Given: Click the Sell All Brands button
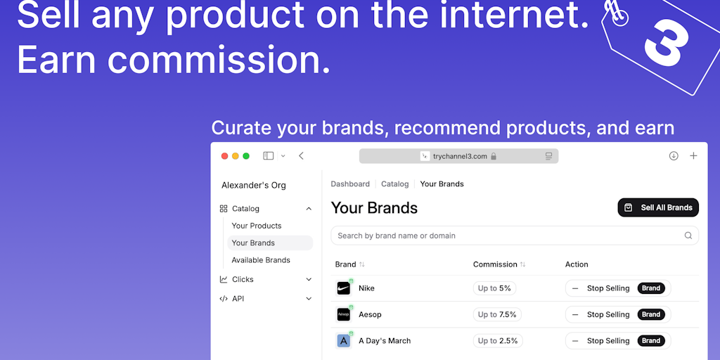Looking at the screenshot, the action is point(658,207).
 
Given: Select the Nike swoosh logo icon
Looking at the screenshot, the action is point(343,288).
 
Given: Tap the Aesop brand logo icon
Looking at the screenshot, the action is point(343,314).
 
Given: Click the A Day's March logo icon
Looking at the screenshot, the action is point(343,341).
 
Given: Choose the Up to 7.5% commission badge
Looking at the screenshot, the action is point(497,314).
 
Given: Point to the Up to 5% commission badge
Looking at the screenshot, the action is point(494,288).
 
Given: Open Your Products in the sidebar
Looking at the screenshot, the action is point(256,226).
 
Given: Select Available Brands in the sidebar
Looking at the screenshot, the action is point(261,260).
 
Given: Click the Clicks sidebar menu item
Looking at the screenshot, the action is point(243,279).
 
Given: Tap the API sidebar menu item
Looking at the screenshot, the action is point(238,298).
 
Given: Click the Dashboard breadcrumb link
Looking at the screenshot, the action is point(350,184).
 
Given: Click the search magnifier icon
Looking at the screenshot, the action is point(688,236).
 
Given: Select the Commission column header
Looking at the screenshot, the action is point(495,264).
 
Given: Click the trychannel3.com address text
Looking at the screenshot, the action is point(460,156).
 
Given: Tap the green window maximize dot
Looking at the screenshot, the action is point(246,156).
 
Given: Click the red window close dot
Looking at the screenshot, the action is point(224,156).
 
